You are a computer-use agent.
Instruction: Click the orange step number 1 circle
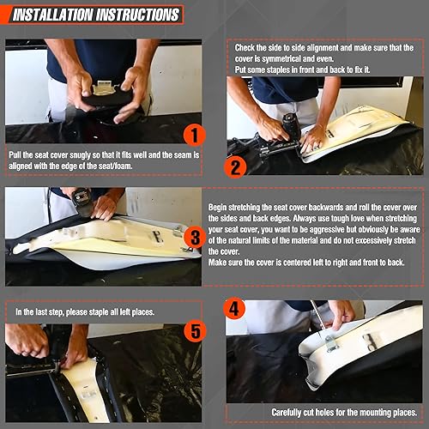coord(195,136)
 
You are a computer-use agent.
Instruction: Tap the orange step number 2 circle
coord(235,167)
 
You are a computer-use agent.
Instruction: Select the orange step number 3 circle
coord(195,238)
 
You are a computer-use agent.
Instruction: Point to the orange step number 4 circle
coord(234,309)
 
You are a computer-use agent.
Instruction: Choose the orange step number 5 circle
coord(195,331)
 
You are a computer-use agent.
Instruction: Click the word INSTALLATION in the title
coord(53,15)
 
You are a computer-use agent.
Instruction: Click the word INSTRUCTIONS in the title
coord(138,15)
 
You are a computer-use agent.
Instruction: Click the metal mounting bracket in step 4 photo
coord(332,344)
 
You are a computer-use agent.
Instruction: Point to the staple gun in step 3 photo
coord(82,202)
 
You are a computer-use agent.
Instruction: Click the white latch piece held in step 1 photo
coord(104,88)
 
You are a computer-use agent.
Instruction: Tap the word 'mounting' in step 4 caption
coord(376,413)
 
